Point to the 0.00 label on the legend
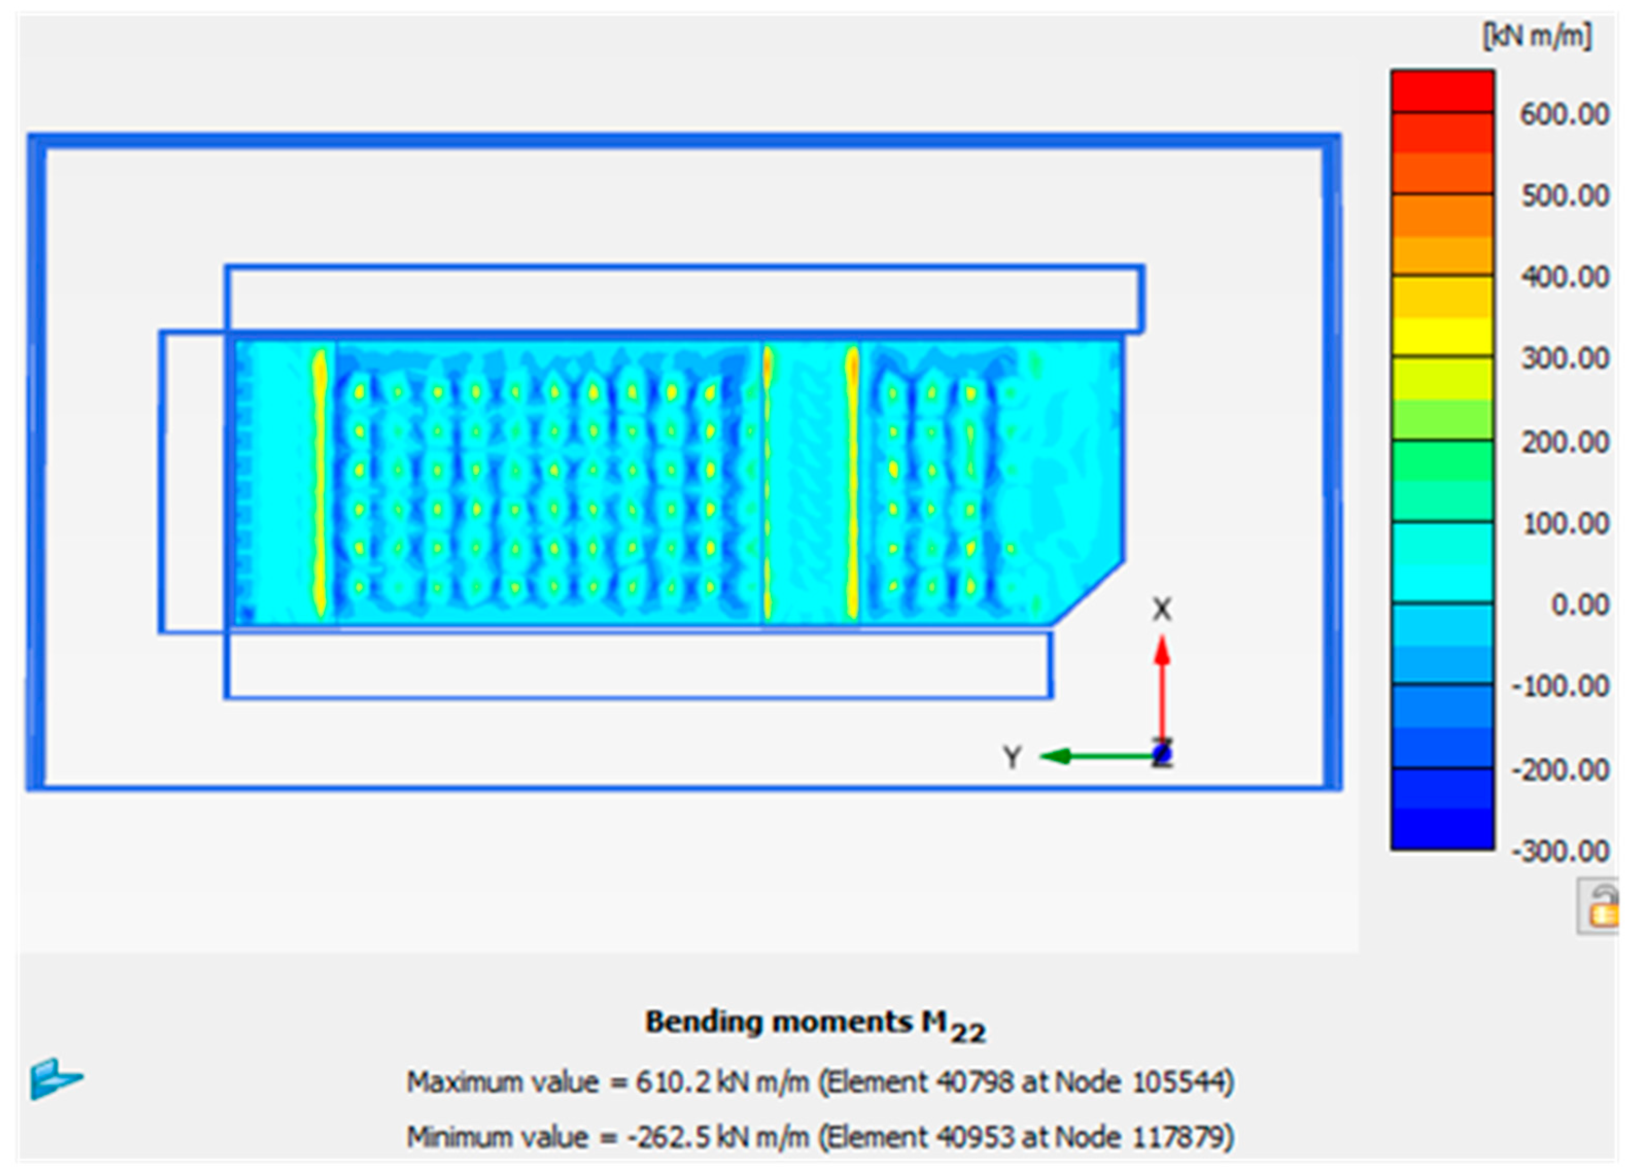pos(1579,604)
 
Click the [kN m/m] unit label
pos(1536,36)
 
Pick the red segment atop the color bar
pos(1442,91)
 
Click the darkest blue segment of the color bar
pos(1442,829)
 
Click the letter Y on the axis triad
pos(1012,757)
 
